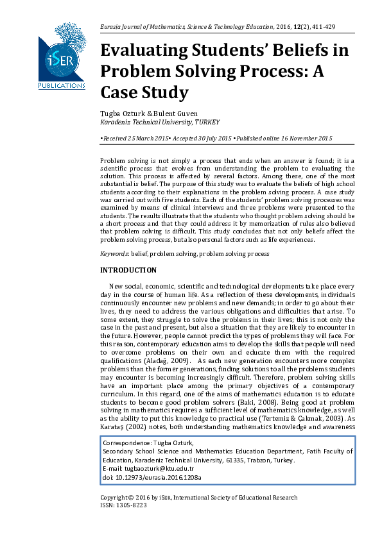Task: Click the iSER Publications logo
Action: coord(62,56)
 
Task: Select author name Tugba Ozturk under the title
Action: coord(122,113)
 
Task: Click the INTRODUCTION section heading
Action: coord(128,270)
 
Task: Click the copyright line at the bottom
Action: coord(199,497)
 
